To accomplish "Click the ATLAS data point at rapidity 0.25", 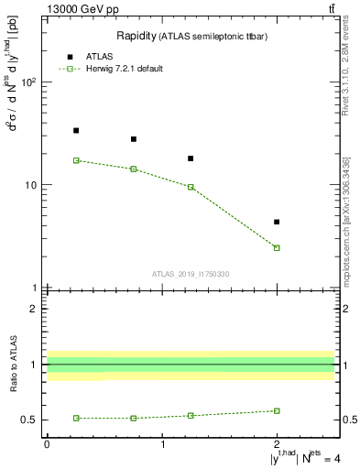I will coord(76,131).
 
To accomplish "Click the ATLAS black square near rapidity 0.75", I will coord(134,139).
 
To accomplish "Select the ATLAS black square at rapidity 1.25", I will coord(191,158).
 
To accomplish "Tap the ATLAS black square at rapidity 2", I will coord(277,222).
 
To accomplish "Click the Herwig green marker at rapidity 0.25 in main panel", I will coord(76,160).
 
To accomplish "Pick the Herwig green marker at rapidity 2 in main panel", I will coord(277,248).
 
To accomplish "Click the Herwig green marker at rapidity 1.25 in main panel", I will coord(191,187).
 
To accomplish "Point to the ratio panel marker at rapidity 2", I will coord(277,410).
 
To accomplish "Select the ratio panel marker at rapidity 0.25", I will coord(76,418).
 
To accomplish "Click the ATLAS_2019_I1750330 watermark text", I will coord(191,274).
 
